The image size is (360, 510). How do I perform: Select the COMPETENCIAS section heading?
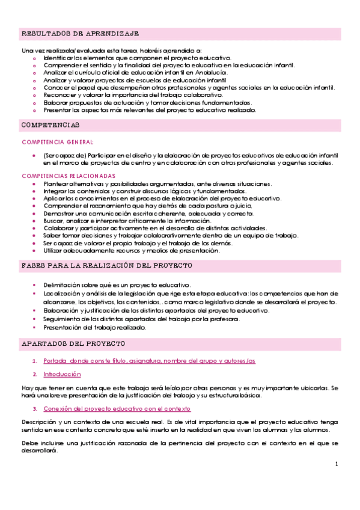(50, 124)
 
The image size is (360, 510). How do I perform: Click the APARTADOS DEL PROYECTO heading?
(73, 343)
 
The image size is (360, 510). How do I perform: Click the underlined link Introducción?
(62, 374)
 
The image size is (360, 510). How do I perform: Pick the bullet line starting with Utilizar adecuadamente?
(132, 250)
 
